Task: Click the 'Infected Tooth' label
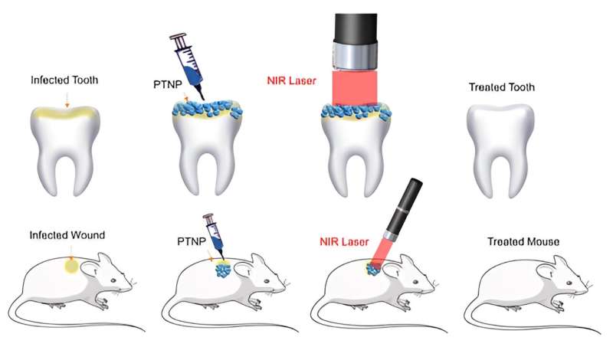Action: coord(65,79)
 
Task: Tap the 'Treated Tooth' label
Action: coord(501,87)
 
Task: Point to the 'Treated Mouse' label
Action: coord(523,242)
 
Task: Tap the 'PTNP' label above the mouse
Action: coord(189,242)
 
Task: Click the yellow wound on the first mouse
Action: coord(70,267)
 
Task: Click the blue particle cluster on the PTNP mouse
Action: coord(223,272)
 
